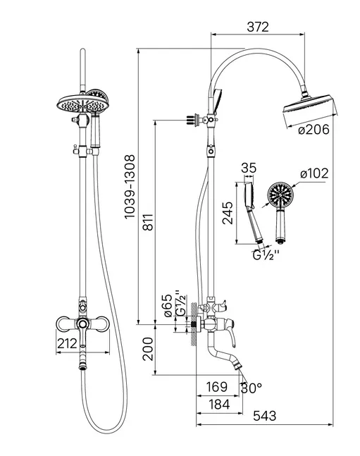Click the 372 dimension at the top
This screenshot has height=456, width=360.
point(258,27)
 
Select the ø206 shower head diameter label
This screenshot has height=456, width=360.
point(314,130)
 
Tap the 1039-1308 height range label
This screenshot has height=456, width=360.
point(130,187)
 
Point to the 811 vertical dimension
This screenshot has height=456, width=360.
point(148,222)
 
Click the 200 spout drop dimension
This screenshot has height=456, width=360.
point(148,349)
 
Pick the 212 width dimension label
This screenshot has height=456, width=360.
point(67,343)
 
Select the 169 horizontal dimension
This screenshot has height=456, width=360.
point(217,387)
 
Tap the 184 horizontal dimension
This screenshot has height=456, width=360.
point(219,405)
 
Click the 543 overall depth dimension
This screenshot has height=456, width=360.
point(265,416)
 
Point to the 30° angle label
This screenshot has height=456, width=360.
point(252,388)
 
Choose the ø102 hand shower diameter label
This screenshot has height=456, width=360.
point(314,173)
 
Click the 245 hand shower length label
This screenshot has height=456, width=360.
point(228,213)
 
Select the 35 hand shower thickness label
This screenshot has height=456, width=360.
point(249,168)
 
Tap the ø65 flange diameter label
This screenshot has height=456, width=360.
point(168,305)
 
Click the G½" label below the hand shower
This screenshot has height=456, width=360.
point(266,256)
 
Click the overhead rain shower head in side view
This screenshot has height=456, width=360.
point(311,108)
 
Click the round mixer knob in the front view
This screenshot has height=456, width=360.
point(83,323)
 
